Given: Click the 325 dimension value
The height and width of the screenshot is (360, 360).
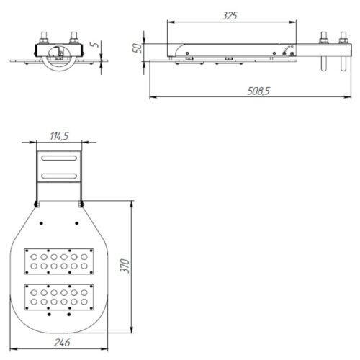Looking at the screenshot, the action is (x=230, y=16).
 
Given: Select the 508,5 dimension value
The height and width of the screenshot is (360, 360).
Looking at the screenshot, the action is (x=258, y=91).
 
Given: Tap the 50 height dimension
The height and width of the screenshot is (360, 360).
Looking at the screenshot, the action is (x=138, y=48).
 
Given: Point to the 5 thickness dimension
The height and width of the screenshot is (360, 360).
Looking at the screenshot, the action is (x=95, y=45).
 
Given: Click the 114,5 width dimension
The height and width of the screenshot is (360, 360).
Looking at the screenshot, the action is (x=59, y=136).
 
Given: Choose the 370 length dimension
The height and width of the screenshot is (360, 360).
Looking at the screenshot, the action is (x=125, y=266).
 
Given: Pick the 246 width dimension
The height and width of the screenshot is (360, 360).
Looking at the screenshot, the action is (x=62, y=343).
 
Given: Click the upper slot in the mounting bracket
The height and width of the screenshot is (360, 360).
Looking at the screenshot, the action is (x=59, y=158).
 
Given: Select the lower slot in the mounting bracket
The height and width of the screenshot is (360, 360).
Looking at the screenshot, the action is (x=59, y=176).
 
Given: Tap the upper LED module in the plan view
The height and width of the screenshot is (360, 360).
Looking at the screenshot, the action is (x=59, y=261).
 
